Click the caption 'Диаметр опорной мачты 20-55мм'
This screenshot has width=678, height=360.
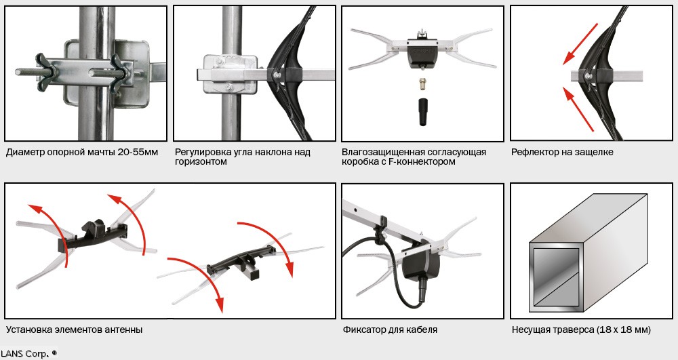(x=82, y=153)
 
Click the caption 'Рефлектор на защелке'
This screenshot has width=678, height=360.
(x=562, y=153)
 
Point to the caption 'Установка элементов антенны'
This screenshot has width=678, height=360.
(x=75, y=329)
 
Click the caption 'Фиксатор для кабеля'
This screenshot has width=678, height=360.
(x=390, y=329)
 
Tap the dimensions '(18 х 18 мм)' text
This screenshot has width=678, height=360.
(x=624, y=329)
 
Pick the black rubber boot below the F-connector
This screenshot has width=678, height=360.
(x=422, y=112)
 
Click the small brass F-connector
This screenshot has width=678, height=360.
(x=422, y=84)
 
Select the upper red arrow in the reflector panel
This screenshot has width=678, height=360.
(x=580, y=44)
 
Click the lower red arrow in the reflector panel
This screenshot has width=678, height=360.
(x=578, y=108)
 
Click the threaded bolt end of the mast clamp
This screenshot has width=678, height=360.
(x=28, y=72)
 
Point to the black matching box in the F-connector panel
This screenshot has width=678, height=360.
(x=422, y=52)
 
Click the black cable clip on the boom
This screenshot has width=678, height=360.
(x=380, y=230)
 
